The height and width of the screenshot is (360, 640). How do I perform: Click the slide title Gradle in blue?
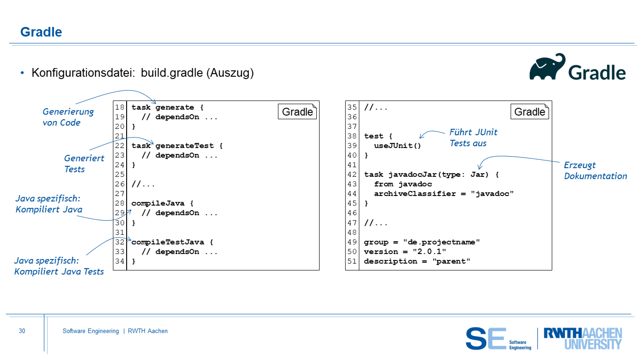click(41, 32)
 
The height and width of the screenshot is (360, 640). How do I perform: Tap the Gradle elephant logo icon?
click(547, 67)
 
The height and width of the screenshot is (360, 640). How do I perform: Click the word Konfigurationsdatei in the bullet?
click(83, 73)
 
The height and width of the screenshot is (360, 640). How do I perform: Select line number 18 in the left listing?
click(120, 107)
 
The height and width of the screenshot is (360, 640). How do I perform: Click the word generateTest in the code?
click(185, 146)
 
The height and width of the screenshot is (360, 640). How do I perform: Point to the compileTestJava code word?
click(168, 242)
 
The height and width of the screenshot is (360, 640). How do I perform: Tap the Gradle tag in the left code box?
click(297, 111)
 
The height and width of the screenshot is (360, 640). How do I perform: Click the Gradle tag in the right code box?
click(530, 111)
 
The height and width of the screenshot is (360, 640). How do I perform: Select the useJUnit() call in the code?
click(397, 146)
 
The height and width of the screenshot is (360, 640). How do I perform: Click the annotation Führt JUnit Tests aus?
click(473, 138)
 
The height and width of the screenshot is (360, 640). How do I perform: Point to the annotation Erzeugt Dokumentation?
click(595, 170)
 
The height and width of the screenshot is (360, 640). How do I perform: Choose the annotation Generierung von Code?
click(68, 117)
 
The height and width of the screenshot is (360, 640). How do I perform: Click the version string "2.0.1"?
click(429, 252)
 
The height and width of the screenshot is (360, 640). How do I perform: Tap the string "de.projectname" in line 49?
click(442, 242)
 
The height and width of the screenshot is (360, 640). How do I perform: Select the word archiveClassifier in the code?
click(415, 194)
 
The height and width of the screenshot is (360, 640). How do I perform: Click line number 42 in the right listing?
click(352, 175)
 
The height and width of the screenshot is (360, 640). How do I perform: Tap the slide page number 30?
click(22, 331)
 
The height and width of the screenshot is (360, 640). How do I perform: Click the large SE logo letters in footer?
click(486, 339)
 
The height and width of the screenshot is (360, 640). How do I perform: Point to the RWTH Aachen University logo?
click(583, 339)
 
